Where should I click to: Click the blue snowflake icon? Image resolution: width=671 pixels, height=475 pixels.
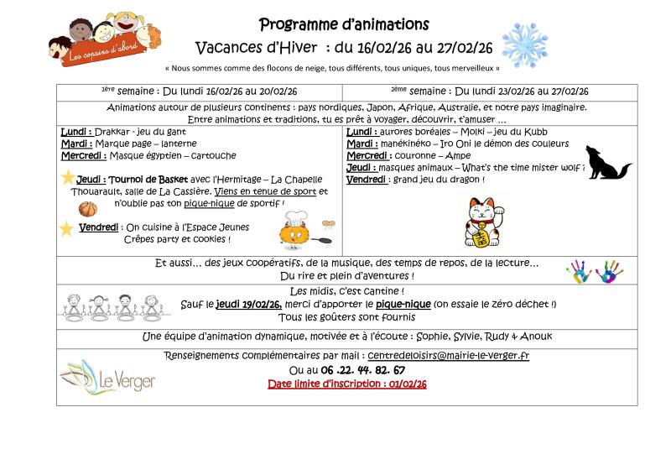pyautogui.click(x=524, y=45)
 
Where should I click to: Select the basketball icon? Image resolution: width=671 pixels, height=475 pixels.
pyautogui.click(x=87, y=208)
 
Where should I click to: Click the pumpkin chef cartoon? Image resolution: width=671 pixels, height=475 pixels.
pyautogui.click(x=295, y=231)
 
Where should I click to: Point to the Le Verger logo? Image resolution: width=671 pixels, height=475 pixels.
pyautogui.click(x=108, y=377)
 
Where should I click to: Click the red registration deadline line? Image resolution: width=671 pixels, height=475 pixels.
pyautogui.click(x=346, y=384)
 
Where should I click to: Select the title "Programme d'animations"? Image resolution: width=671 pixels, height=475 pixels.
pyautogui.click(x=344, y=24)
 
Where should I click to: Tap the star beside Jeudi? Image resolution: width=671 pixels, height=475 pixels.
pyautogui.click(x=68, y=178)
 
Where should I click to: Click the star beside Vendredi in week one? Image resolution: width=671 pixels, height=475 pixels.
pyautogui.click(x=66, y=228)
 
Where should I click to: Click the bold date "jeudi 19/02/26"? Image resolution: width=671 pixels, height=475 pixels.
pyautogui.click(x=247, y=304)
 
